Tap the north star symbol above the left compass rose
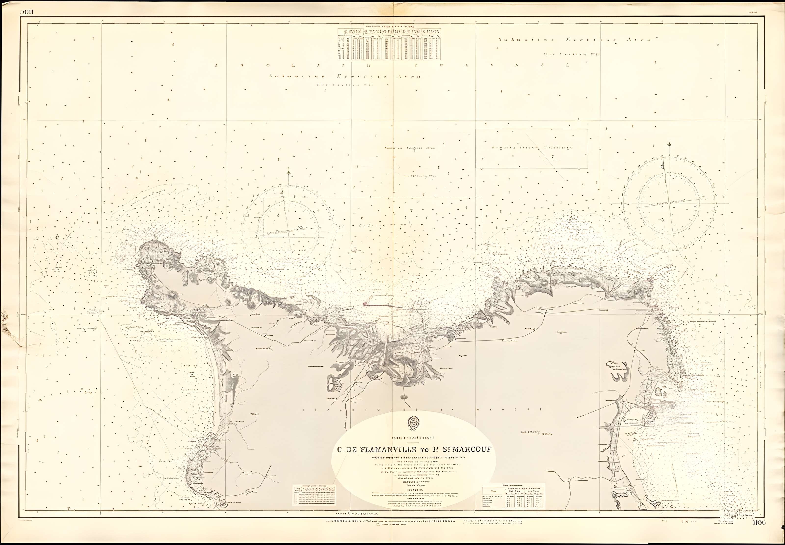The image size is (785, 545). tap(289, 173)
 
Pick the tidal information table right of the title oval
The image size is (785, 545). tap(513, 496)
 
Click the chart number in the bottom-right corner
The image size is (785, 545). tap(759, 532)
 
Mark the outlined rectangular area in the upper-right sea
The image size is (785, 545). tap(531, 149)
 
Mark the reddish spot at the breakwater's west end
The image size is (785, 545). tap(365, 303)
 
